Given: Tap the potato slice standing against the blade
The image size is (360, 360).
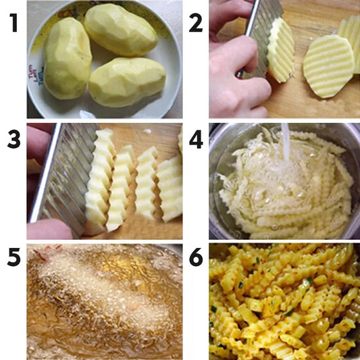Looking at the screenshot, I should coord(282,51).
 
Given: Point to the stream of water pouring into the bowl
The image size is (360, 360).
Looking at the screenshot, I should coord(286,142).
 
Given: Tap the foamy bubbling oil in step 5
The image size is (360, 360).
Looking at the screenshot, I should coord(101,297).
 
